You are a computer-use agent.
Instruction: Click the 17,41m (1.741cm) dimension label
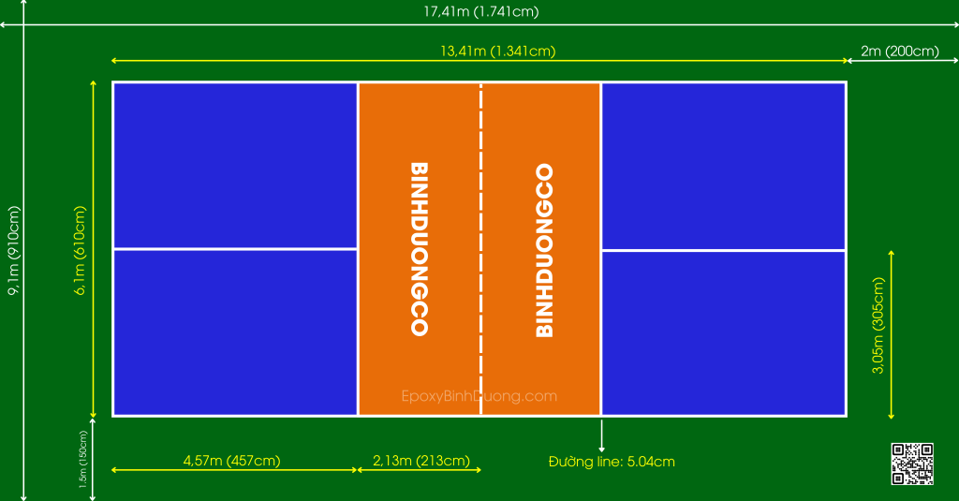(x=480, y=11)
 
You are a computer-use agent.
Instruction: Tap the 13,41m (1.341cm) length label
(x=498, y=51)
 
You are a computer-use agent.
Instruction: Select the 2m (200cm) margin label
(x=900, y=51)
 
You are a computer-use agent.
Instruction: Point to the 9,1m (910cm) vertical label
(x=13, y=250)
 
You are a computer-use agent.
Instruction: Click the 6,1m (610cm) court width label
(x=81, y=250)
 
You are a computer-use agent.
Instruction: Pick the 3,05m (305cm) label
(x=878, y=326)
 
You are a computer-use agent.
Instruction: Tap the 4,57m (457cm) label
(x=232, y=460)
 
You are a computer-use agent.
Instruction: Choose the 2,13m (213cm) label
(x=421, y=460)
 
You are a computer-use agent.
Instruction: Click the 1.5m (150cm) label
(x=83, y=460)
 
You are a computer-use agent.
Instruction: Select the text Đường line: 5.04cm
(x=612, y=462)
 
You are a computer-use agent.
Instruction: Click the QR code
(x=912, y=464)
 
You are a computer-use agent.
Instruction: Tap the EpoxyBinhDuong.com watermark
(x=479, y=396)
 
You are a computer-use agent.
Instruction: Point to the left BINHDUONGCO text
(x=419, y=249)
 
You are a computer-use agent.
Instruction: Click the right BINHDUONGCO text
(x=544, y=250)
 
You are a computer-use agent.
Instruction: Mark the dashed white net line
(x=480, y=249)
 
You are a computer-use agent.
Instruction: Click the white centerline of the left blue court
(x=235, y=249)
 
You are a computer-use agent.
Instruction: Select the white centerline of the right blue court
(x=724, y=250)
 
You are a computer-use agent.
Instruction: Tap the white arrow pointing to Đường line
(x=601, y=435)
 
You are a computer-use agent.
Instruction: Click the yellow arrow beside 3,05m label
(x=892, y=334)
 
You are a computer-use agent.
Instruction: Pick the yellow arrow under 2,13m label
(x=419, y=470)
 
